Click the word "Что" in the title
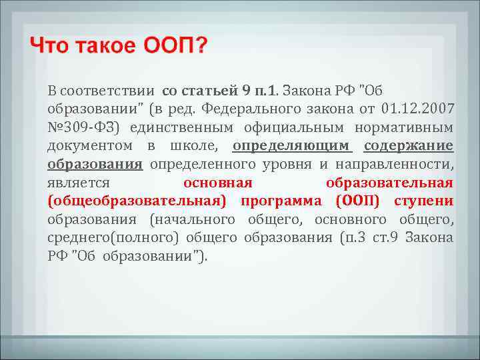[50, 47]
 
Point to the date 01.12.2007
[419, 109]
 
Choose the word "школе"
[197, 146]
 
